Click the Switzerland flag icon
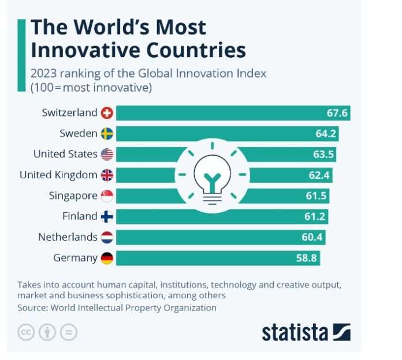(107, 113)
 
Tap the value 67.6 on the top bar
(337, 113)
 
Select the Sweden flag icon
(107, 134)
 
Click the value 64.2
(325, 134)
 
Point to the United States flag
(107, 154)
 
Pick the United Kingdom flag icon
(107, 175)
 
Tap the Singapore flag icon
(107, 196)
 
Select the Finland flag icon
(107, 216)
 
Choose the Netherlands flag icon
(107, 237)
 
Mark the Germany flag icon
(107, 258)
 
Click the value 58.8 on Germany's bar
(306, 258)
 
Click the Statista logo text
(294, 332)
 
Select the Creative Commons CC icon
(26, 332)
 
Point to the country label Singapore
(73, 196)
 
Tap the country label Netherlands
(68, 237)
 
